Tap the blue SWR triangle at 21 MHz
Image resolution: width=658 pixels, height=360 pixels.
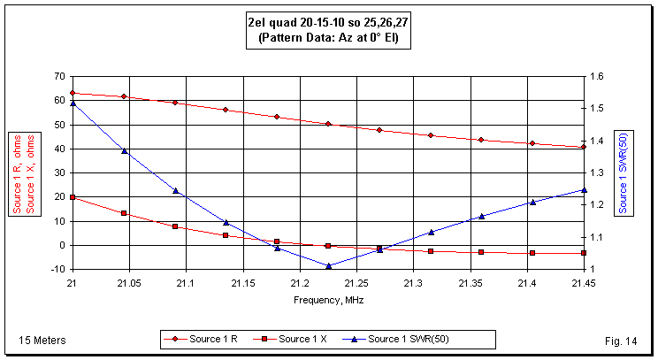click(73, 103)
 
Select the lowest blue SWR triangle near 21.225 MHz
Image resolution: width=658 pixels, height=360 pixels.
click(328, 265)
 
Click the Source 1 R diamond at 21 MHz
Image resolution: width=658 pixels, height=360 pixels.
click(73, 93)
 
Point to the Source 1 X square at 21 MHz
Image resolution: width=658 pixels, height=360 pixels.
click(73, 197)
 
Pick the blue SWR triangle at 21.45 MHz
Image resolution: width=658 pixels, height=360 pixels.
click(584, 189)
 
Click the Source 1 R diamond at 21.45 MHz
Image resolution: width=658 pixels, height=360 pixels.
click(584, 147)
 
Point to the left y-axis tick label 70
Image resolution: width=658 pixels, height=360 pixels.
click(60, 77)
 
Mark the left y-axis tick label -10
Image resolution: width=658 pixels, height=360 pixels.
click(57, 269)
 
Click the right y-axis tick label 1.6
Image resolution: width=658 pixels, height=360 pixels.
click(599, 77)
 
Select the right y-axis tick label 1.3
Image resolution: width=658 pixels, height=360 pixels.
click(599, 172)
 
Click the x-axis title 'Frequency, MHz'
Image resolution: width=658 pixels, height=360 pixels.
click(328, 300)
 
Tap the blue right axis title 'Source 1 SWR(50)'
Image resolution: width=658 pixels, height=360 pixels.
click(624, 172)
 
